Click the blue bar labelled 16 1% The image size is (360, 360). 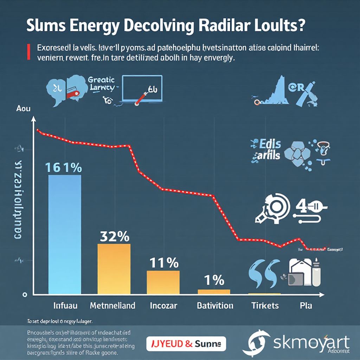tap(64, 234)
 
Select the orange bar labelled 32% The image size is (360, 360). tap(114, 269)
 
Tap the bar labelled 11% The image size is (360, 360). tap(163, 282)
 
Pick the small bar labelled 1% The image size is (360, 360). tap(214, 291)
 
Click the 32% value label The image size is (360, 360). tap(114, 237)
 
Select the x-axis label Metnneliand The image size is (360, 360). tap(112, 305)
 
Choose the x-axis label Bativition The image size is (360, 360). tap(215, 305)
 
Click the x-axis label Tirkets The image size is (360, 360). tap(265, 305)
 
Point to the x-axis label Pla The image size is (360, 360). tap(306, 305)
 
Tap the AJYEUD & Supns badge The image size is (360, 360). tap(186, 342)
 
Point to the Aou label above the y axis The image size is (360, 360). tap(24, 109)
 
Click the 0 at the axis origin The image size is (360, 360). tap(25, 294)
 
